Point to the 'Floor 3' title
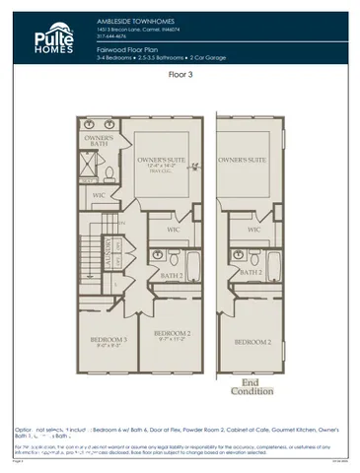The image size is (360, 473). (180, 73)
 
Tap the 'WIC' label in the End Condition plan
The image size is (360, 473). (253, 230)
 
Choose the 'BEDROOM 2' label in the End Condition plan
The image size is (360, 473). (252, 341)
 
